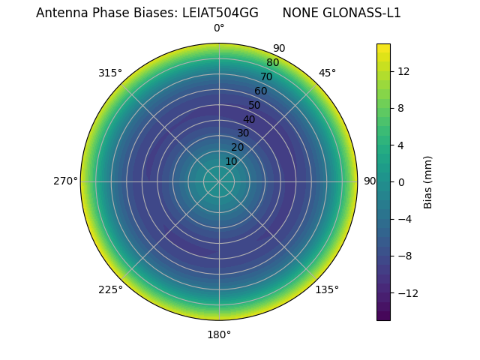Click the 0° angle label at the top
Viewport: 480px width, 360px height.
219,28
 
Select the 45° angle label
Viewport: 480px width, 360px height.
327,73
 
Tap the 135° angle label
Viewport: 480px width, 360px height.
327,289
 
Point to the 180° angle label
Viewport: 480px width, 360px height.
219,334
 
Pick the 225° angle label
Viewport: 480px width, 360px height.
110,289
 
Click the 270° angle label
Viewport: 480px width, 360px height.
65,181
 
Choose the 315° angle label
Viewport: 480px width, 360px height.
110,73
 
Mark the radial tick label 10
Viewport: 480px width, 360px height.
231,161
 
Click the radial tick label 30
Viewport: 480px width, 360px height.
243,133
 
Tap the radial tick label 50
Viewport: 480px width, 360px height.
255,106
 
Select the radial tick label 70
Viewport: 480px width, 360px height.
266,76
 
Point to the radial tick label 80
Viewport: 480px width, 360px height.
272,63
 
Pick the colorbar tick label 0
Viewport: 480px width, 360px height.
401,181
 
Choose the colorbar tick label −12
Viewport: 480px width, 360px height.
407,293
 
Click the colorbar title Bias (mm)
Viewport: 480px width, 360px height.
428,181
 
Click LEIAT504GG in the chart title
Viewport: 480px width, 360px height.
220,13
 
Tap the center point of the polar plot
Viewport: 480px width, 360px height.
219,181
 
